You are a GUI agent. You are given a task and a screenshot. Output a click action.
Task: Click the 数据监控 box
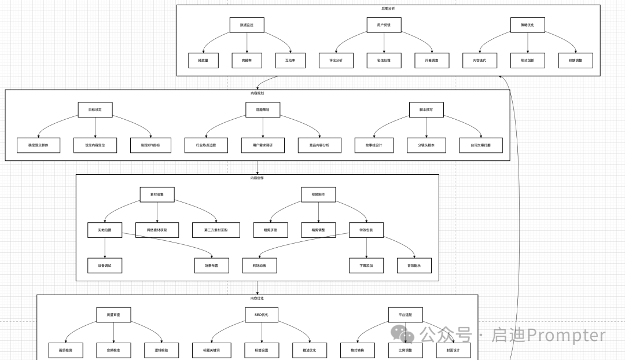pyautogui.click(x=247, y=25)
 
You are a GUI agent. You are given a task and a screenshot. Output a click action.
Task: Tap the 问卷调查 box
pyautogui.click(x=431, y=60)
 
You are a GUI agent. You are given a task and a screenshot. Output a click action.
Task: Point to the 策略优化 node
pyautogui.click(x=528, y=25)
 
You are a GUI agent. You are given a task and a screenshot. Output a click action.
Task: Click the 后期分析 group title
pyautogui.click(x=388, y=8)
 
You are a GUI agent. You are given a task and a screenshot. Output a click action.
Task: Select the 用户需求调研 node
pyautogui.click(x=258, y=145)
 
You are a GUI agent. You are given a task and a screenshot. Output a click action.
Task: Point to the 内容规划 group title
pyautogui.click(x=258, y=93)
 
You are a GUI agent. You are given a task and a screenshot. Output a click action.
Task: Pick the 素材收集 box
pyautogui.click(x=157, y=194)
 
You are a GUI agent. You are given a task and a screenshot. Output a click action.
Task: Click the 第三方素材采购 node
pyautogui.click(x=215, y=230)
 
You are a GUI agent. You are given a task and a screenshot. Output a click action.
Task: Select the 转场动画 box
pyautogui.click(x=259, y=265)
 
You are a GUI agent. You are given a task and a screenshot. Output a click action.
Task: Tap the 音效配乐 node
pyautogui.click(x=414, y=265)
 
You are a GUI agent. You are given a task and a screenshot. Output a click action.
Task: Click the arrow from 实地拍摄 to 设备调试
pyautogui.click(x=105, y=247)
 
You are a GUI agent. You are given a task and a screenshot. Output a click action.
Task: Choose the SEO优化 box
pyautogui.click(x=262, y=314)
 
